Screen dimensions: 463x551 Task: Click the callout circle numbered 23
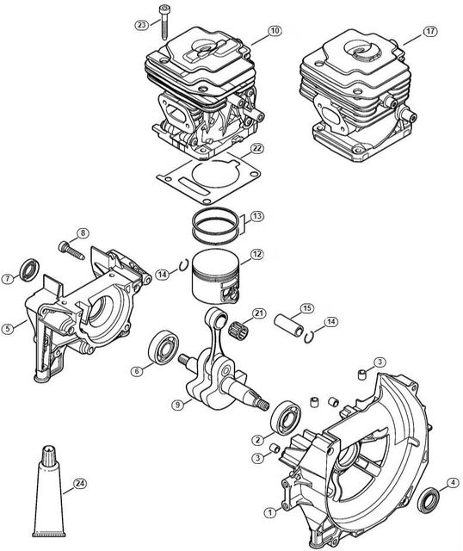click(x=142, y=25)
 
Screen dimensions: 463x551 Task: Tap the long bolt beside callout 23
click(x=164, y=22)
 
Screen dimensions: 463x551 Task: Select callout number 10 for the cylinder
click(x=275, y=31)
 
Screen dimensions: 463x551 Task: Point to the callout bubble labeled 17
click(x=430, y=31)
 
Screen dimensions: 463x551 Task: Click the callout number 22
click(x=257, y=149)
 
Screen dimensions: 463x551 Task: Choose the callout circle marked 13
click(x=257, y=216)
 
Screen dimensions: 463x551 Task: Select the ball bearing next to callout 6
click(x=164, y=347)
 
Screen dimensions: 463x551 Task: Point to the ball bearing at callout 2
click(x=286, y=418)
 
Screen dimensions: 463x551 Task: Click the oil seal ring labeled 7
click(x=29, y=269)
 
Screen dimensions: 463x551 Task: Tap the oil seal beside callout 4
click(x=429, y=500)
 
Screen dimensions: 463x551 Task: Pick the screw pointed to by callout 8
click(x=71, y=251)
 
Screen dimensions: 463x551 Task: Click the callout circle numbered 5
click(x=8, y=329)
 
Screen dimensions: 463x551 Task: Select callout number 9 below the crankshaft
click(x=178, y=405)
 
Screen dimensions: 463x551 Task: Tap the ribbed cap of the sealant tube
click(x=50, y=455)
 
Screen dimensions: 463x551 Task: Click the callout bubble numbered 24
click(x=80, y=484)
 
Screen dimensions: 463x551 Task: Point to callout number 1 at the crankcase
click(x=270, y=513)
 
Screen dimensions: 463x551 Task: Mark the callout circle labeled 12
click(x=256, y=254)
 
